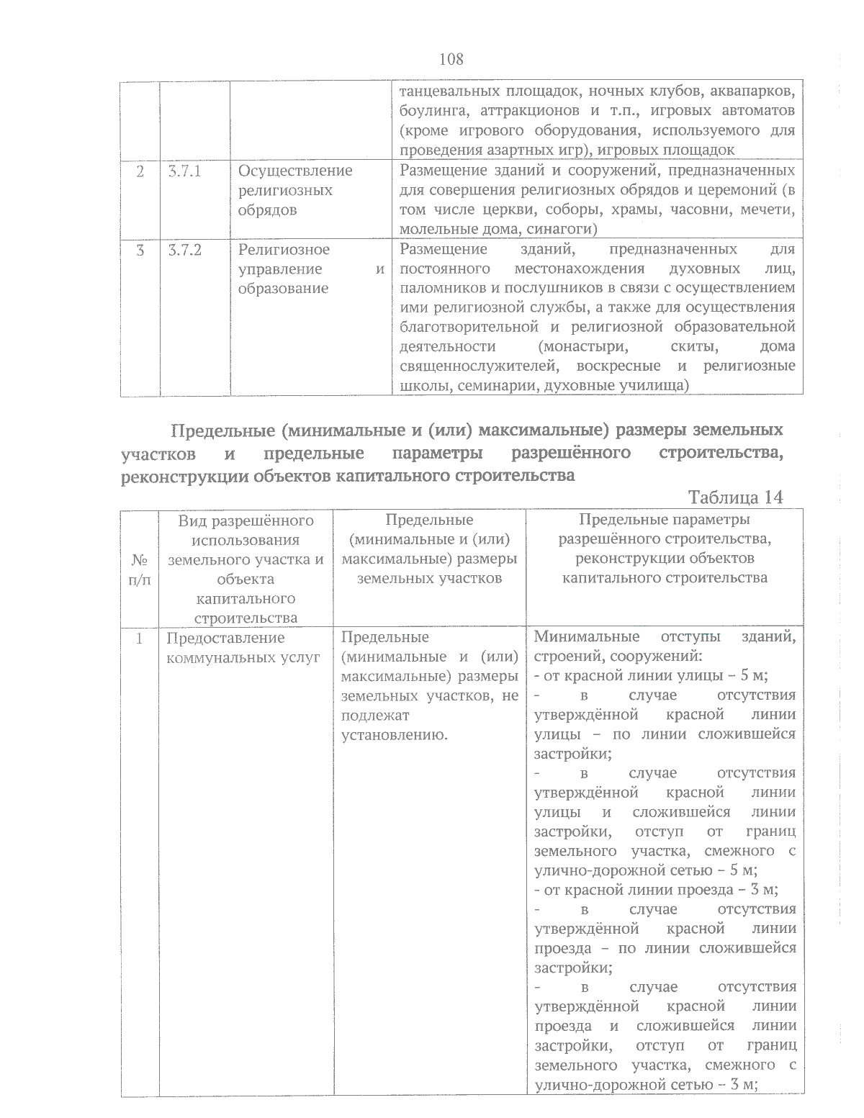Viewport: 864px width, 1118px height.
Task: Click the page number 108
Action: click(x=451, y=59)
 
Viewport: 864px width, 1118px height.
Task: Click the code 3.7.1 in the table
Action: click(x=184, y=171)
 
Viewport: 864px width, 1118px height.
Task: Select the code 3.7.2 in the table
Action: click(x=184, y=250)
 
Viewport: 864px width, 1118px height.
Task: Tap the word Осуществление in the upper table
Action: click(x=295, y=171)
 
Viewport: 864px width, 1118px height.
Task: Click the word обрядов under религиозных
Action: click(x=267, y=210)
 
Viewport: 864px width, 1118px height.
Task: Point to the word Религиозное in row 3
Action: click(x=284, y=250)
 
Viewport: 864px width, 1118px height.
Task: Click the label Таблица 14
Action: click(x=735, y=497)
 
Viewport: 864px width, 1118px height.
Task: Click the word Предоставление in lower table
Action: click(x=225, y=638)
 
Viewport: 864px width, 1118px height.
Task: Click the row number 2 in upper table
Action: click(x=140, y=171)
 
